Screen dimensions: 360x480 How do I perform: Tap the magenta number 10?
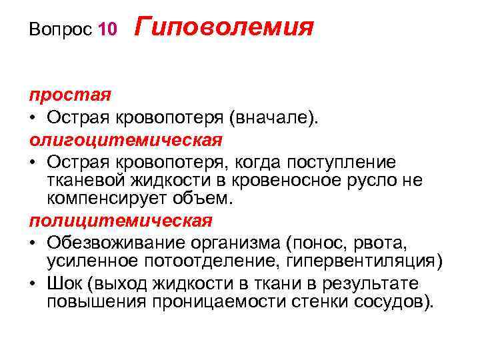tap(107, 29)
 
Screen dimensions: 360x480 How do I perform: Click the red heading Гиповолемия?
tap(224, 27)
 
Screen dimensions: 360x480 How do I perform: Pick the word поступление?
tap(340, 163)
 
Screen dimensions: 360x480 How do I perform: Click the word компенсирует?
tap(109, 199)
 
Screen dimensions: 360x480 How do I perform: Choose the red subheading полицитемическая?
tap(120, 220)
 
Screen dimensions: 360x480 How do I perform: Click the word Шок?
tap(64, 283)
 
